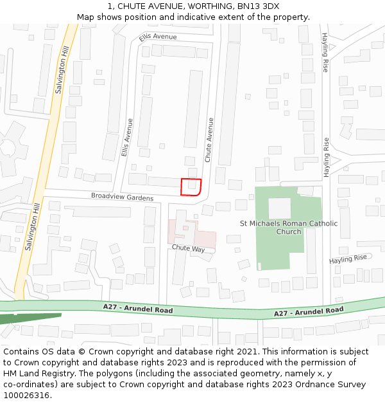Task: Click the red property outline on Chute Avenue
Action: [x=191, y=187]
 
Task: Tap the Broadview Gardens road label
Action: [x=122, y=197]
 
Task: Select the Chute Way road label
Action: [x=187, y=248]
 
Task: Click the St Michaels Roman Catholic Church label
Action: [x=288, y=228]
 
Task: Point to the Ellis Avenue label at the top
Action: [x=157, y=37]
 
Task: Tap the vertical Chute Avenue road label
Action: [x=209, y=139]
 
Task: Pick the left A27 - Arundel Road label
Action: [x=138, y=309]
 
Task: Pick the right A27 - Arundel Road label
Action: [x=309, y=311]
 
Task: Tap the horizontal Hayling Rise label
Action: [x=348, y=259]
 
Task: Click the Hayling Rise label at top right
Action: [x=325, y=52]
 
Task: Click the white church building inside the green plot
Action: [x=279, y=208]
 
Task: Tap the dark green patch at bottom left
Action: [x=26, y=318]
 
